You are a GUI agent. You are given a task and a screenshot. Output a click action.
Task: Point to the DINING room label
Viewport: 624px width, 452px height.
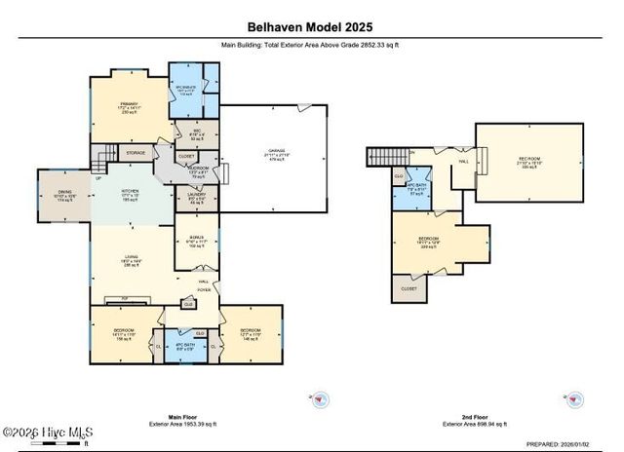pyautogui.click(x=64, y=193)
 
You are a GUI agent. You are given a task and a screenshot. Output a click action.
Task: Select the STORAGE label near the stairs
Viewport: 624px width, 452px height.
pyautogui.click(x=136, y=153)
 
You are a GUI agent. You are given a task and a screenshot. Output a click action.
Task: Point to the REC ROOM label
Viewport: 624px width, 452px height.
pyautogui.click(x=528, y=160)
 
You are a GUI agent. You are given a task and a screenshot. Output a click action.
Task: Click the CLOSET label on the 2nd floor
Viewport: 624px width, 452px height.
pyautogui.click(x=409, y=288)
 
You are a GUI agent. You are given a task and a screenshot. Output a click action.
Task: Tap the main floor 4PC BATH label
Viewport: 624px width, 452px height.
pyautogui.click(x=185, y=345)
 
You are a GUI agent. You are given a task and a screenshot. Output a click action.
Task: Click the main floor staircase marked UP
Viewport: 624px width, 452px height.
pyautogui.click(x=101, y=161)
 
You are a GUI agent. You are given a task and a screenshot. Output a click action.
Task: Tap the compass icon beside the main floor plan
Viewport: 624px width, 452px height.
pyautogui.click(x=323, y=396)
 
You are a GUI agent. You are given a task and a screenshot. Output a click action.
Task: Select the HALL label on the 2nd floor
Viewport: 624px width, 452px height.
pyautogui.click(x=464, y=161)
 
